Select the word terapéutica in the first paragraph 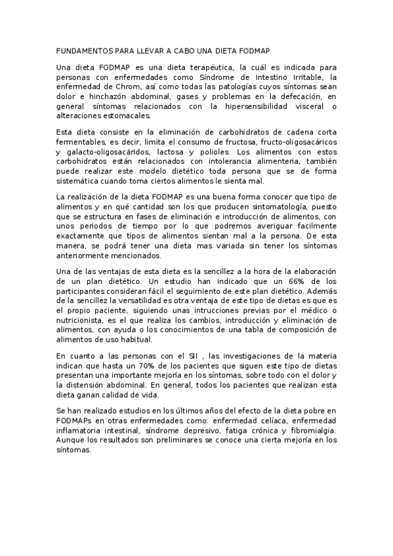[x=208, y=67]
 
